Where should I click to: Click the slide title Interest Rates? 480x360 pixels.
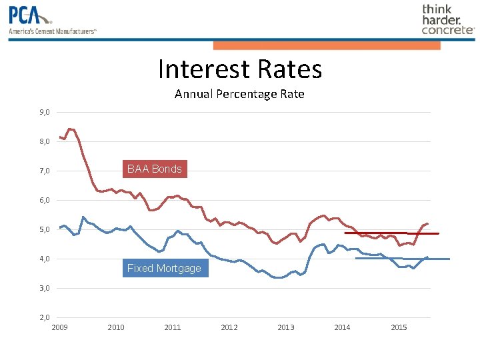pos(240,69)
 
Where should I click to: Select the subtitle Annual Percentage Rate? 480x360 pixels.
pos(239,94)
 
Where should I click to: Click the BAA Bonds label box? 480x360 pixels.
pos(154,169)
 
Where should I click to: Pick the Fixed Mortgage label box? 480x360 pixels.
pos(164,269)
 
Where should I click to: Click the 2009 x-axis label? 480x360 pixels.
pos(59,327)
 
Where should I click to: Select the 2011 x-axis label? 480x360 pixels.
pos(173,327)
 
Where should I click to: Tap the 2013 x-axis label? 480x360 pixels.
pos(285,327)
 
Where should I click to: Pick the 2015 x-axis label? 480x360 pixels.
pos(399,327)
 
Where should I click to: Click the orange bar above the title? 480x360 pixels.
pos(327,45)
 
